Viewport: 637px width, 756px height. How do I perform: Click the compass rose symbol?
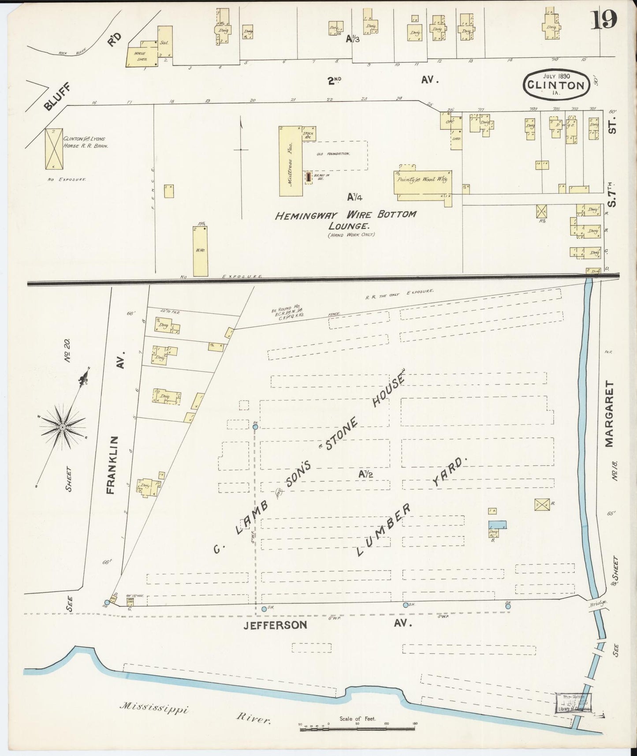63,427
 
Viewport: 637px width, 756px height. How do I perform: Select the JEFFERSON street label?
275,625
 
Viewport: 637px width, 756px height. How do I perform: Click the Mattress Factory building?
291,161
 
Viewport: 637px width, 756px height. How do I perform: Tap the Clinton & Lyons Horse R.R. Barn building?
54,149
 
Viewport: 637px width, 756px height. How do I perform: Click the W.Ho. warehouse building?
200,251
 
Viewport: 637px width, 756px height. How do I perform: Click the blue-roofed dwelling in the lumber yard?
497,525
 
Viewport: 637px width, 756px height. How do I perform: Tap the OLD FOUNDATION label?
333,153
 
